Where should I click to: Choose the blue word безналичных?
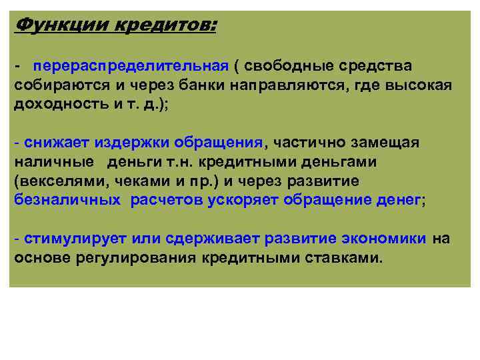click(x=67, y=199)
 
